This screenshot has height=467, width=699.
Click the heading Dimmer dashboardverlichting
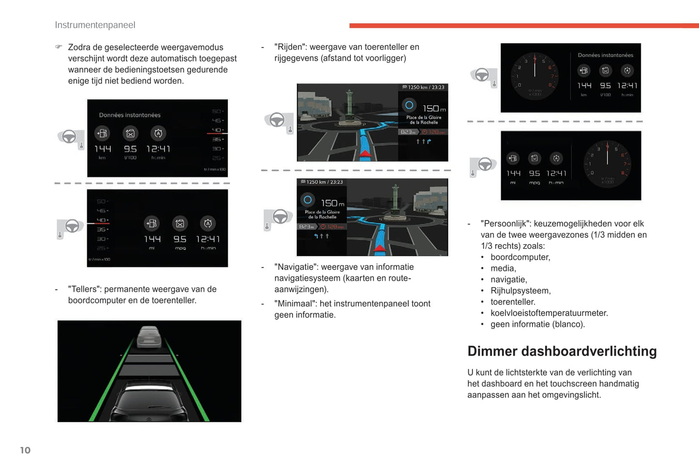[x=562, y=351]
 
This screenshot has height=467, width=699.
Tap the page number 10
[x=25, y=450]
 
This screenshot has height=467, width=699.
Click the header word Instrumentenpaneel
[x=95, y=25]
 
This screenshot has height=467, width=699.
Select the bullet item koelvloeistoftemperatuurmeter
[x=549, y=313]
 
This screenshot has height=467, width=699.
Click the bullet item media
[x=503, y=268]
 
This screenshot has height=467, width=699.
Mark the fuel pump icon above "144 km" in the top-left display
[x=102, y=133]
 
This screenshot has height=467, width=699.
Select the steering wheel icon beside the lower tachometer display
[x=484, y=165]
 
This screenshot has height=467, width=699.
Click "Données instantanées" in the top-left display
[x=130, y=115]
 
